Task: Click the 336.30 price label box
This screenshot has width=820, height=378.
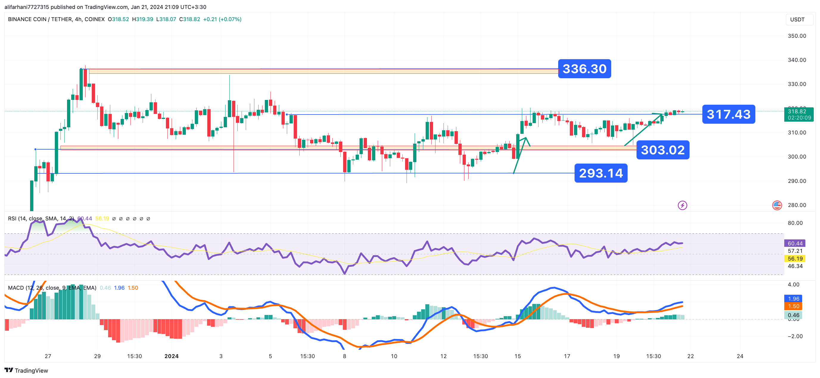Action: [x=584, y=69]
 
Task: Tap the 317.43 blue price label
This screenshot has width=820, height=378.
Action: [x=728, y=114]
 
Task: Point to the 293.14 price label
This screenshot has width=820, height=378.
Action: [x=601, y=173]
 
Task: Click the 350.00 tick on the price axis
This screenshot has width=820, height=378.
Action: [x=797, y=36]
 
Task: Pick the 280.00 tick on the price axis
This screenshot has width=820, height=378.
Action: [x=797, y=205]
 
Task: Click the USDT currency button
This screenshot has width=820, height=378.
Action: [x=797, y=19]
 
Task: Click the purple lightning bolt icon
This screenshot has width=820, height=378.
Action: [x=682, y=206]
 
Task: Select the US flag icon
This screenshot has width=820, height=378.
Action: [x=777, y=206]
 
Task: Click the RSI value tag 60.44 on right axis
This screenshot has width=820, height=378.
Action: [x=795, y=243]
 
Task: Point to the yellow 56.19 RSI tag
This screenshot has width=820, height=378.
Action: [x=795, y=258]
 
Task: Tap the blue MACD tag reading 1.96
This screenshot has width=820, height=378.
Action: [x=793, y=299]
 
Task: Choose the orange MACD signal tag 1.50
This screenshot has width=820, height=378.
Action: [x=793, y=306]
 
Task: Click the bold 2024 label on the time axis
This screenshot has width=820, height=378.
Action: [x=171, y=356]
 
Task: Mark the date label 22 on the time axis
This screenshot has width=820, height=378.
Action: [x=690, y=356]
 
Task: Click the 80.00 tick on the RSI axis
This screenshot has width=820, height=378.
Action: [x=795, y=223]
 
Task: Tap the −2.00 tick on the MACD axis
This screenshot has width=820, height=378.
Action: [x=795, y=336]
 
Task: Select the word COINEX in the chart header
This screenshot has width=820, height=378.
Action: [x=94, y=19]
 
